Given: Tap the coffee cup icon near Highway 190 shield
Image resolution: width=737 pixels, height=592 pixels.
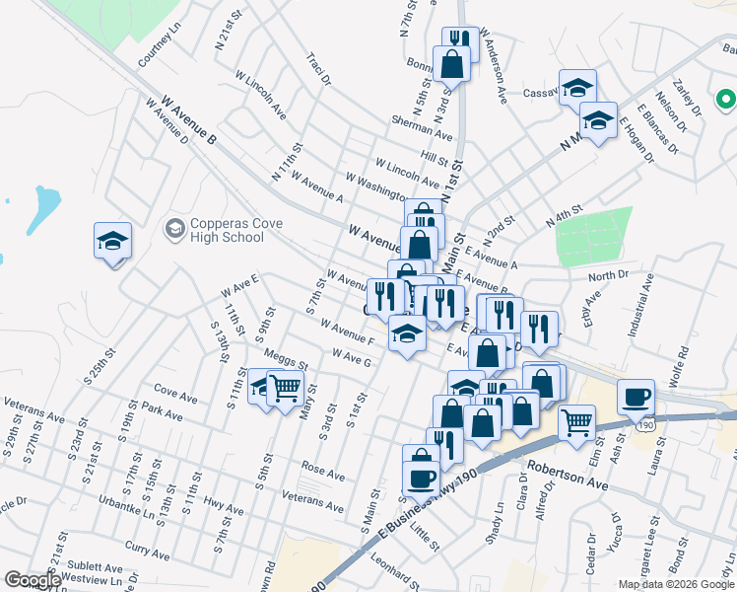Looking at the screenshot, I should tap(636, 397).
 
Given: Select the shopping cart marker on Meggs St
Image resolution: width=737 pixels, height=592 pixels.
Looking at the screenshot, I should tap(284, 388).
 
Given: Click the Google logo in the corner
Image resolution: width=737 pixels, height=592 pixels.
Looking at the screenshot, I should tap(32, 580).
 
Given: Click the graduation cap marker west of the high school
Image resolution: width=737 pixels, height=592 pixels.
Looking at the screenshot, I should tap(112, 241).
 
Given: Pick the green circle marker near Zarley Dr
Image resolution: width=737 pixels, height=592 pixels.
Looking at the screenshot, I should tap(725, 99).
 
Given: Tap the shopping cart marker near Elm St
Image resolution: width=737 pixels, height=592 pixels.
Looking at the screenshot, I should tap(576, 422).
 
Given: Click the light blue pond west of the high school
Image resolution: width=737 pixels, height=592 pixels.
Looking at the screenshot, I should tap(45, 208).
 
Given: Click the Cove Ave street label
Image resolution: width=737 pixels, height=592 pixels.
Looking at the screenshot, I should tap(175, 395).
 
